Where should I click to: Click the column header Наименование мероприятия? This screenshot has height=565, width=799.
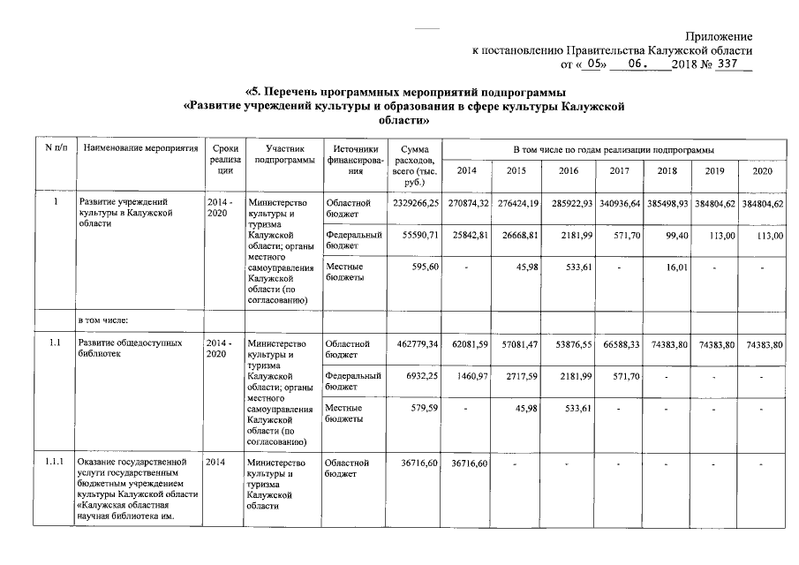click(x=139, y=150)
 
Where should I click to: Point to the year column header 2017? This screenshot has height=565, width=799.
click(x=619, y=169)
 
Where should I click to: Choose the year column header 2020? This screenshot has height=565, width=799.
click(x=762, y=169)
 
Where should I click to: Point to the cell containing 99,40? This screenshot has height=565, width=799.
click(x=675, y=236)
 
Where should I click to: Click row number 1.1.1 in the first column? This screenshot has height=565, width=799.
click(x=54, y=462)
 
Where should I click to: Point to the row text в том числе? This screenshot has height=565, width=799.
click(x=105, y=319)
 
